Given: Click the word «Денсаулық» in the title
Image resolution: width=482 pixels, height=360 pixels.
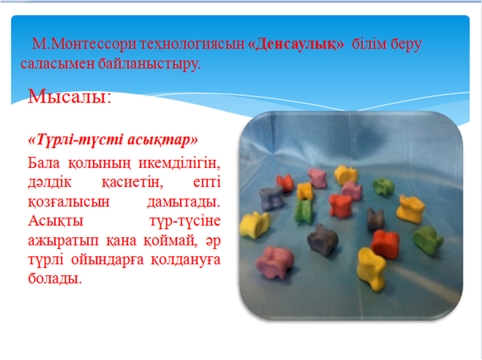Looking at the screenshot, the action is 296,44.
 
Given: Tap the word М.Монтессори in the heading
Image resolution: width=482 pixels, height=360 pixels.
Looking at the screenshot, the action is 84,44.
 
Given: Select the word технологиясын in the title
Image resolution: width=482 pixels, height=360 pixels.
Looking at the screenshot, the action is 192,44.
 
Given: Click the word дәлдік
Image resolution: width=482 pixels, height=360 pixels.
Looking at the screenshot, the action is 50,182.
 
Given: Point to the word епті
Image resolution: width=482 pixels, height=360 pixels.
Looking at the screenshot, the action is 207,182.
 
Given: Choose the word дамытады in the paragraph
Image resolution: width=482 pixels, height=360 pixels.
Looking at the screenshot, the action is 183,202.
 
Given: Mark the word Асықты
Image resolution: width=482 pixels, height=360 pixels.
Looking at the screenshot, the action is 56,221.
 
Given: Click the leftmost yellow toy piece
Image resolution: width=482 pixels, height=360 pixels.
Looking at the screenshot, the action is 255,225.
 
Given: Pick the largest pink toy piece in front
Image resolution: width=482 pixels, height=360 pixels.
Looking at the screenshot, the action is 274,262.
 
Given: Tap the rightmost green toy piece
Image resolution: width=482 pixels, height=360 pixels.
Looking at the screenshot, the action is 428,240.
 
